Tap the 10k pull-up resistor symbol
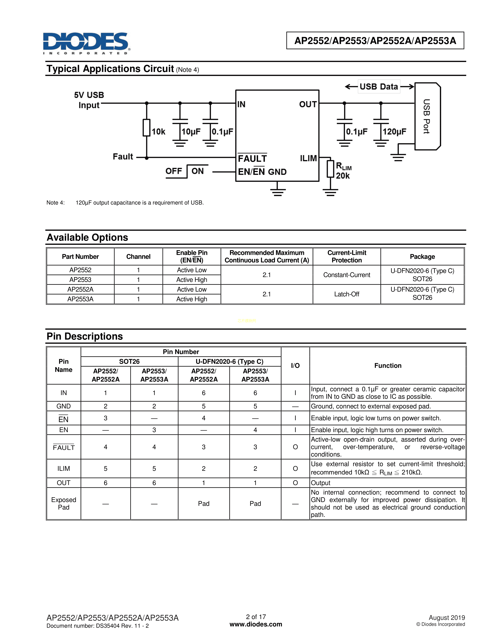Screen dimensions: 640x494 coord(146,128)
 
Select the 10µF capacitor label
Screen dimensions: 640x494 coord(191,131)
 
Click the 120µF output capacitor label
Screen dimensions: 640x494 coord(394,131)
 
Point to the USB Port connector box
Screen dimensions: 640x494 coord(427,116)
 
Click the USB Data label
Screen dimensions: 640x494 coord(379,87)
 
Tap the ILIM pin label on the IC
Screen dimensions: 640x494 coord(308,158)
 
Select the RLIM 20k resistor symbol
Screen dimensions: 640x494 coord(330,169)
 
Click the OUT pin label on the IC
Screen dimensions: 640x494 coord(308,104)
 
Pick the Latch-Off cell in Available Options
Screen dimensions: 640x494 coord(347,294)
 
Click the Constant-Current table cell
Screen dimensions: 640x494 coord(347,275)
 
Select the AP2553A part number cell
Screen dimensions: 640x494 coord(80,299)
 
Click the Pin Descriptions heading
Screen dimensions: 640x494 coord(85,336)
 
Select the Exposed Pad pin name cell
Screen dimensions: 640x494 coord(64,503)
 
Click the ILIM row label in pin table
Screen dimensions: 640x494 coord(64,469)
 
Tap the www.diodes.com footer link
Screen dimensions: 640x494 coord(256,624)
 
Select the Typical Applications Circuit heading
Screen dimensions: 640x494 coord(110,69)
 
